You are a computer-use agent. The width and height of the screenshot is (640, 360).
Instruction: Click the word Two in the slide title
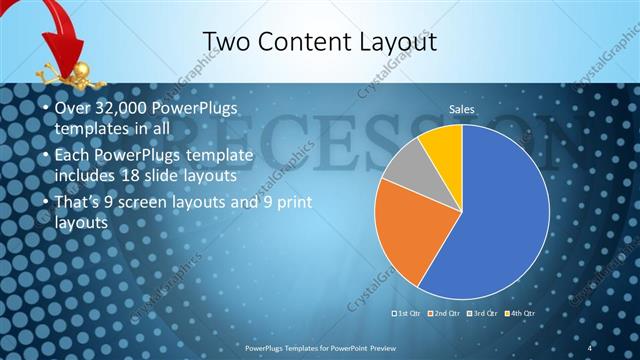click(x=227, y=41)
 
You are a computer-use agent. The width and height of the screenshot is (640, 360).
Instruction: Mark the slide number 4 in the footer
click(x=590, y=346)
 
